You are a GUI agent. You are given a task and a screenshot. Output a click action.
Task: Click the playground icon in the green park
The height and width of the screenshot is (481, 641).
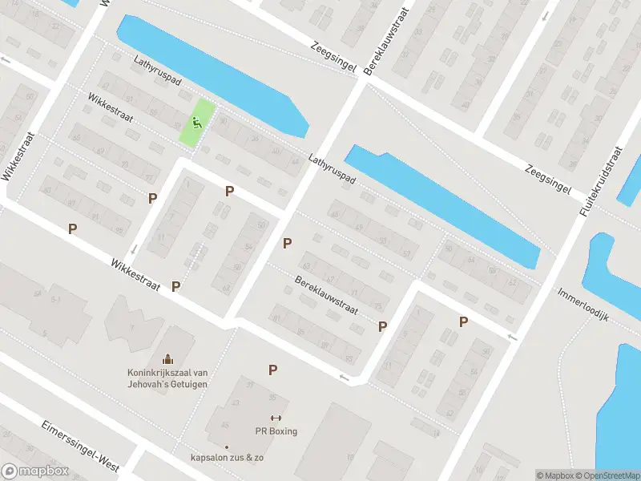[x=196, y=123]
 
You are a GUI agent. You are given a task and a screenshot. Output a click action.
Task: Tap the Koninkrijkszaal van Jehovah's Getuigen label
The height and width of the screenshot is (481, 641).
[x=167, y=378]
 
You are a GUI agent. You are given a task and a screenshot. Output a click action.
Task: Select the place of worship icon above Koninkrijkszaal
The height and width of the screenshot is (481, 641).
[x=167, y=358]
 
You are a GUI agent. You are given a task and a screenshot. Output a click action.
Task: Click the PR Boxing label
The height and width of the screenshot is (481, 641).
[x=276, y=431]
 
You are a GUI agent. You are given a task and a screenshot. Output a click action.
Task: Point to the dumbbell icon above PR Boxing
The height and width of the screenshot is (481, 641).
[x=276, y=418]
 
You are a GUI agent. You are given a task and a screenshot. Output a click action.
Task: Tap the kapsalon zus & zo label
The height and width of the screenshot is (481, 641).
[x=227, y=458]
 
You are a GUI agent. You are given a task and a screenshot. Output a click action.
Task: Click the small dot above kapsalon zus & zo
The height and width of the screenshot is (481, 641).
[x=227, y=447]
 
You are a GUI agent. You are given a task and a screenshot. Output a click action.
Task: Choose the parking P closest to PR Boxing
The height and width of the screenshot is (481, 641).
[x=273, y=370]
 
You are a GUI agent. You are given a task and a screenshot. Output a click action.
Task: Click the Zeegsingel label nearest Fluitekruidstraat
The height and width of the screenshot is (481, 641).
[x=548, y=179]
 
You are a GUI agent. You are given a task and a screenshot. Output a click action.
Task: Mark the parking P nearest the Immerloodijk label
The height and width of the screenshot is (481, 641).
[x=463, y=321]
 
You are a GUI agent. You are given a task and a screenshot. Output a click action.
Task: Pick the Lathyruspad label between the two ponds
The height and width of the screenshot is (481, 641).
[x=331, y=172]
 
